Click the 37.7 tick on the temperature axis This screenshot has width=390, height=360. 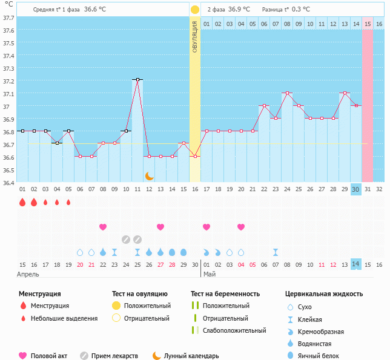tap(8, 18)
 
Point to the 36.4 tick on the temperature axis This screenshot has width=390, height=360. tap(8, 182)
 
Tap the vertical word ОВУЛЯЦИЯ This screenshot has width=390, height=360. tap(195, 36)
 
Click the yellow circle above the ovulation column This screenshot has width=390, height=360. tap(195, 10)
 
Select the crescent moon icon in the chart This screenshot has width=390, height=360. tap(149, 176)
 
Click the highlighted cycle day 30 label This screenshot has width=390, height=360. tap(356, 189)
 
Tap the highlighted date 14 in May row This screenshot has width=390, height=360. tap(356, 264)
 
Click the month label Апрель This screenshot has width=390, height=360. tap(28, 274)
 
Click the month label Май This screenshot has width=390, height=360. tap(210, 274)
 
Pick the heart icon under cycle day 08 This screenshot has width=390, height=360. tap(103, 227)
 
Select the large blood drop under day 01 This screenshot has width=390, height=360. tap(22, 202)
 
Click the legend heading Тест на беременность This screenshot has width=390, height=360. tap(225, 294)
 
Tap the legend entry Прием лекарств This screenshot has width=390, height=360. tap(114, 356)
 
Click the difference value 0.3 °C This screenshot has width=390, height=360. tap(300, 10)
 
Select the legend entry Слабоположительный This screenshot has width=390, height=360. tap(234, 330)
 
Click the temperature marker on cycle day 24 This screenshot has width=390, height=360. tap(287, 93)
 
